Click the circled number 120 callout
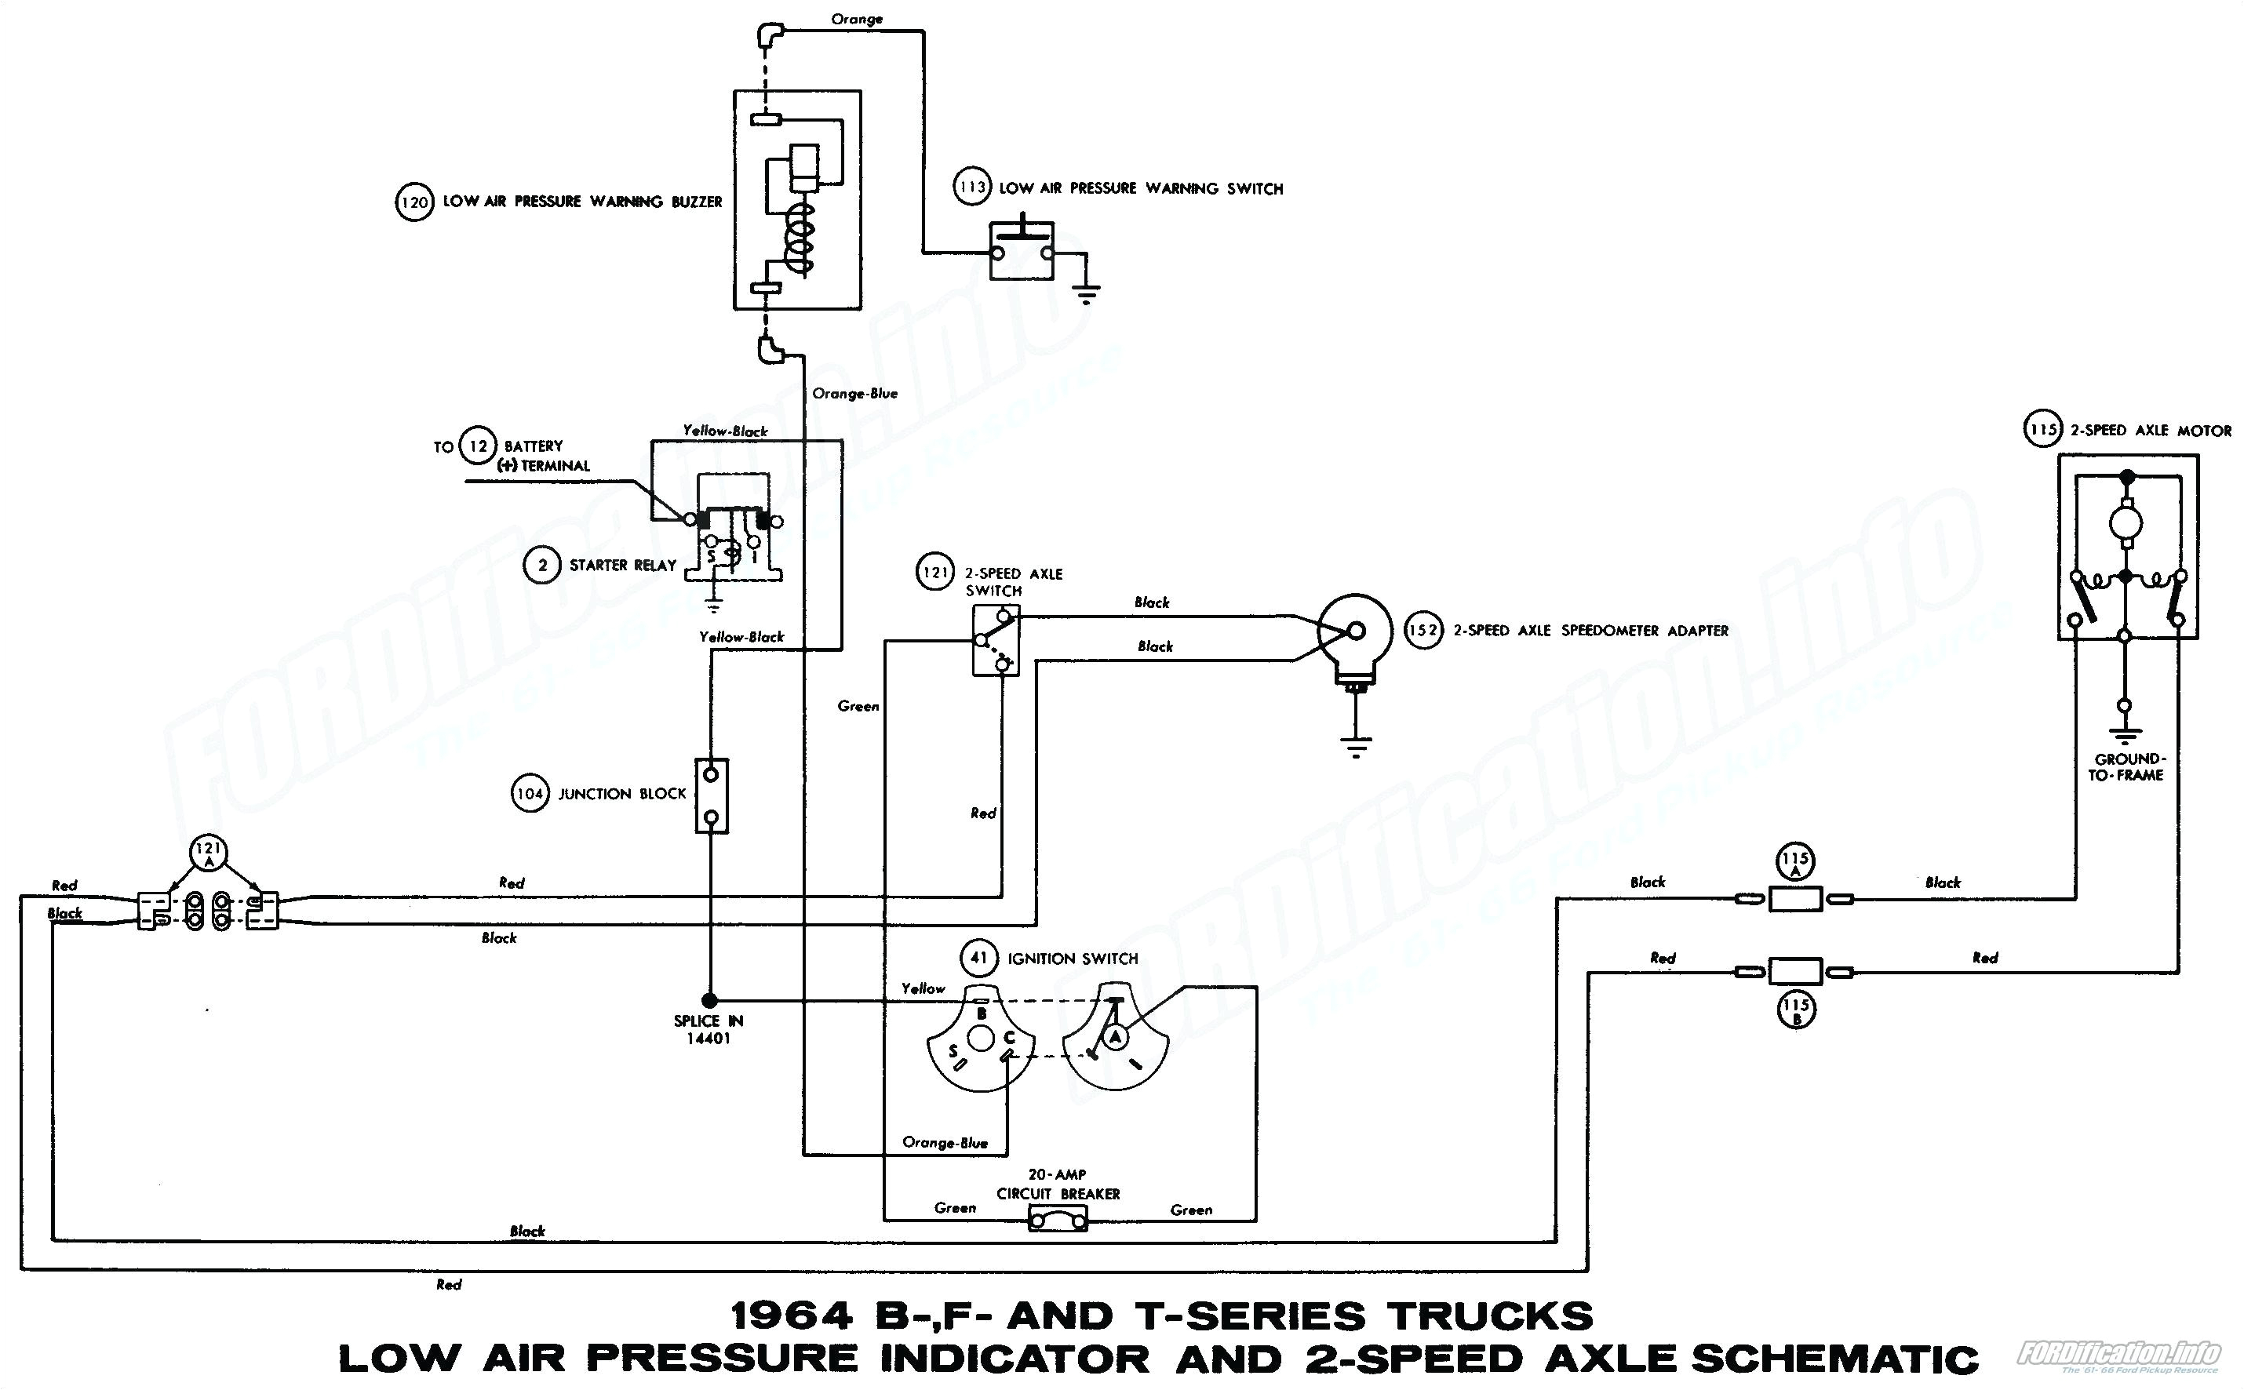coord(414,202)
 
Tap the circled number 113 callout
coord(971,187)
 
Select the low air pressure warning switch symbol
coord(1022,250)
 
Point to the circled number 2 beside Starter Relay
coord(542,565)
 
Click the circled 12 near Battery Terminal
coord(478,447)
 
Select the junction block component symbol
coord(711,795)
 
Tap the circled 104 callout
coord(530,793)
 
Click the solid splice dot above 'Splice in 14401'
coord(709,999)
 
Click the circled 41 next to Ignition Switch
coord(979,958)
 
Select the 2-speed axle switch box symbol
coord(996,641)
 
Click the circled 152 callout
coord(1424,631)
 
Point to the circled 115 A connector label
coord(1795,863)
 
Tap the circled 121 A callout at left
coord(209,853)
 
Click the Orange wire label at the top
coord(857,18)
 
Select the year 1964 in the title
coord(792,1316)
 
